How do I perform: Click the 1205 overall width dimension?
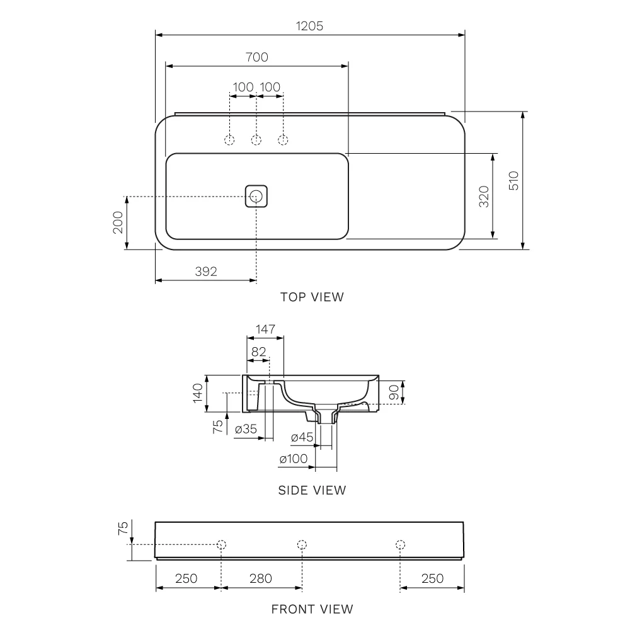(x=309, y=26)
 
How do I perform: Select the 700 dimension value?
(x=257, y=57)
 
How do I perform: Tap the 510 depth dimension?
(x=513, y=180)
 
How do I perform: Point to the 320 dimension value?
(x=484, y=197)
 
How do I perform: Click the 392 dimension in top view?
(x=206, y=272)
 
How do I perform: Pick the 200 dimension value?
(x=118, y=222)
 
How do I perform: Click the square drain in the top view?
(x=256, y=196)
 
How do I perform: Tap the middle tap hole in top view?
(x=256, y=140)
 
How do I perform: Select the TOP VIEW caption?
(x=312, y=297)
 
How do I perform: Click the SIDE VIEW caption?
(x=312, y=490)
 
